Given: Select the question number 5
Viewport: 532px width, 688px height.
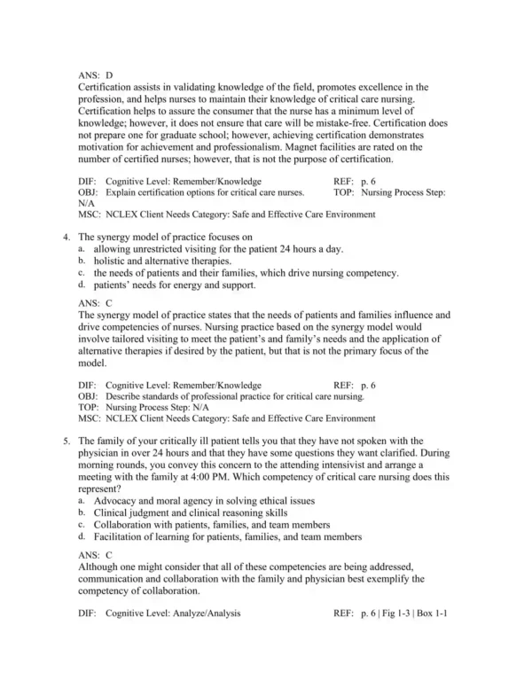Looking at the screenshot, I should [x=67, y=441].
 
